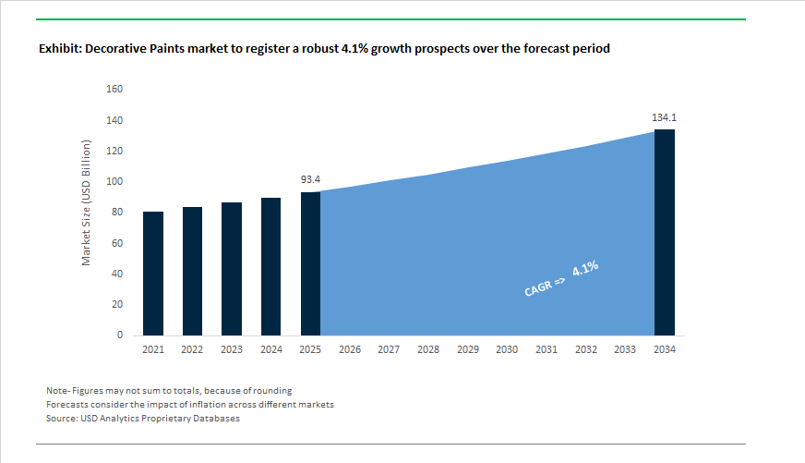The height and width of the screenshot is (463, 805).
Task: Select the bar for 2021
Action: (x=152, y=274)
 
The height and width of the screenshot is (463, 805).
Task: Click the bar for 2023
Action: (x=232, y=269)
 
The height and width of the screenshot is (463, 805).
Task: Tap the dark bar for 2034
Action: (x=665, y=232)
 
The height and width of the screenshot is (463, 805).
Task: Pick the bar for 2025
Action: (x=310, y=263)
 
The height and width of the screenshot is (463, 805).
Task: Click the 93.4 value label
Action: (x=310, y=179)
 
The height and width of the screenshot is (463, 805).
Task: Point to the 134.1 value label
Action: (x=665, y=117)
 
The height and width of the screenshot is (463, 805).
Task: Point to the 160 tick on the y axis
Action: (x=114, y=90)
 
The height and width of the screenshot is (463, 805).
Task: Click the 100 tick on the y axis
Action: (x=114, y=182)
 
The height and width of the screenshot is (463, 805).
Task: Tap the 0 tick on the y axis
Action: (x=119, y=335)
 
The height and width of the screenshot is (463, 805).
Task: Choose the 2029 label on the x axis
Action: (x=467, y=350)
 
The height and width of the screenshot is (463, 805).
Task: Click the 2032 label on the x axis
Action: (x=585, y=350)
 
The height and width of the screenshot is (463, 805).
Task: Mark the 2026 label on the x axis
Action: (x=350, y=350)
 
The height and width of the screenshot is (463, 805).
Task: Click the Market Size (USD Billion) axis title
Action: (x=87, y=204)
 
